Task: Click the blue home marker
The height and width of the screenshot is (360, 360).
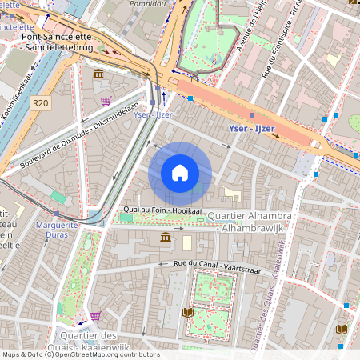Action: tap(180, 173)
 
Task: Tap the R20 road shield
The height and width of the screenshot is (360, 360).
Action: tap(41, 103)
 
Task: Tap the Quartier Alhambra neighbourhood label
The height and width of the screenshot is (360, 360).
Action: tap(249, 216)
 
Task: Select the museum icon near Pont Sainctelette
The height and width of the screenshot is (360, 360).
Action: tap(98, 74)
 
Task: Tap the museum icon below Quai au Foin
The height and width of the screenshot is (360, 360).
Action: tap(166, 238)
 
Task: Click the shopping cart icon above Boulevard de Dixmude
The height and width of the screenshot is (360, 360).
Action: tap(106, 101)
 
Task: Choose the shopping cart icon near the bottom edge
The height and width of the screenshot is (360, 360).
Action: tap(95, 317)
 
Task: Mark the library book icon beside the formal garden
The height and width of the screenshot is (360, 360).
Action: tap(188, 313)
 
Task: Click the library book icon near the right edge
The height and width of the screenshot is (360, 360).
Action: tap(339, 330)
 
